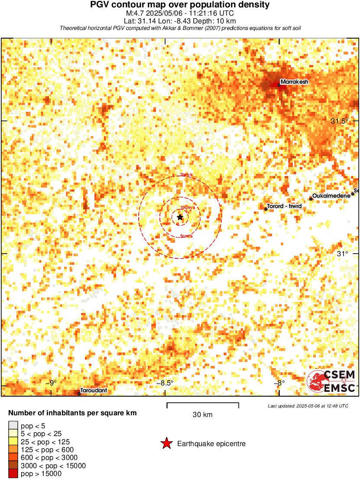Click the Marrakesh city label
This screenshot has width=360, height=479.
(294, 81)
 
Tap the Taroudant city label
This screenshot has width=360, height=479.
(94, 391)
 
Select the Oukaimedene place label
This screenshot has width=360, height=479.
(331, 196)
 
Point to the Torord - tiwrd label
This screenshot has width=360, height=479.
(284, 206)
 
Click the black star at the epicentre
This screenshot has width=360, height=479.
(180, 217)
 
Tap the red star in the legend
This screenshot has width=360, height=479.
(166, 443)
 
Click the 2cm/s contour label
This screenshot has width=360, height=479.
(186, 175)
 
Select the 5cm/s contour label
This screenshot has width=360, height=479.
(186, 236)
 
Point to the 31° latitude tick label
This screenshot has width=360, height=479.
(343, 254)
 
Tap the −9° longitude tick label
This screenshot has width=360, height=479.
(52, 383)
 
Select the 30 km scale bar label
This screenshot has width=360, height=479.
(202, 415)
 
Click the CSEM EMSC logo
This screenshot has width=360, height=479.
(331, 381)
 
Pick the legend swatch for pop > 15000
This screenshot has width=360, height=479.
(13, 474)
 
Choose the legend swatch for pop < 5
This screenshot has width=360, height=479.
(13, 426)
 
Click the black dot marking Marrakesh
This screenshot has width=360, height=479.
(279, 85)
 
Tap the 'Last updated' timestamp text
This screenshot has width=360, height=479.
(308, 406)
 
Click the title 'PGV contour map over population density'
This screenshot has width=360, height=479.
(180, 5)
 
